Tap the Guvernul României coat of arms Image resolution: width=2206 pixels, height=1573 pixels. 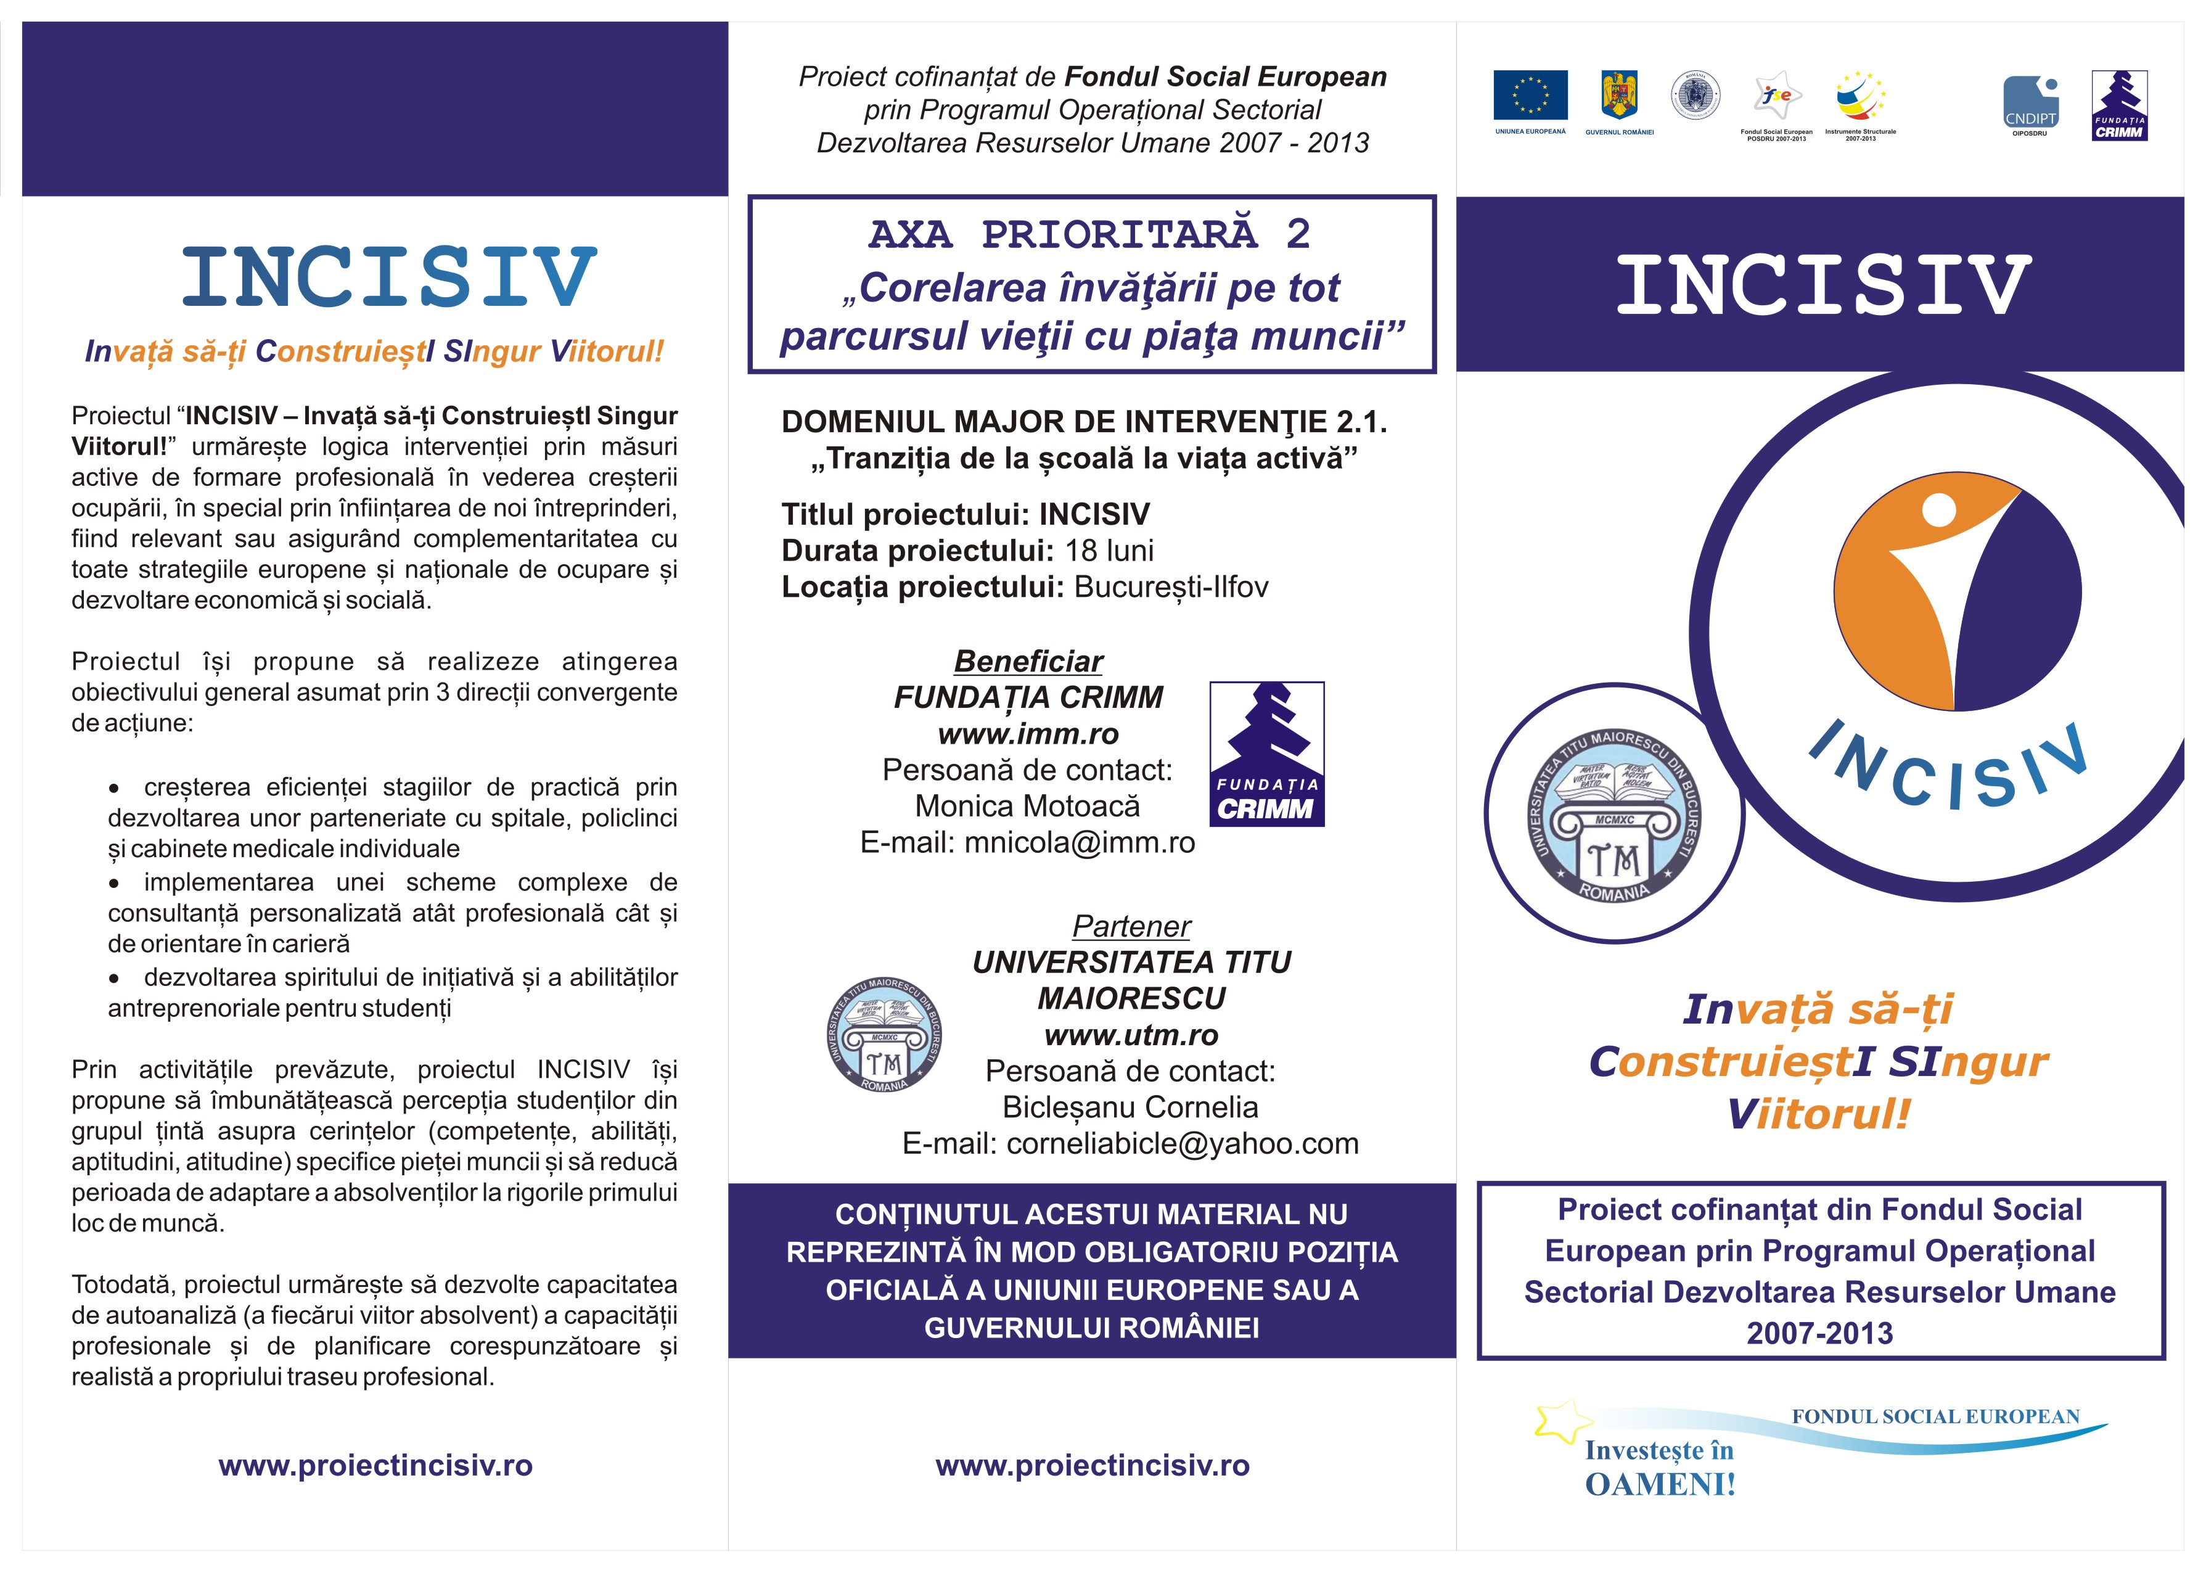click(x=1619, y=95)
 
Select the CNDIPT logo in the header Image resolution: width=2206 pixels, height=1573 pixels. click(x=2030, y=102)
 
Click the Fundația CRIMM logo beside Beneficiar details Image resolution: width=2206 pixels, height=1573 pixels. click(x=1266, y=754)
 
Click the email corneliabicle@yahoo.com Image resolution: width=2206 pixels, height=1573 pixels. click(x=1183, y=1144)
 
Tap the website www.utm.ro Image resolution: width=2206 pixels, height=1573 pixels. click(x=1131, y=1035)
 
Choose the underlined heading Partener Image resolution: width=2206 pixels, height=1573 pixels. click(x=1131, y=927)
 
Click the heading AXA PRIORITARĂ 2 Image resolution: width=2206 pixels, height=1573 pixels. click(x=1091, y=234)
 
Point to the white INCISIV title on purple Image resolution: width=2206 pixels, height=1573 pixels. click(x=1821, y=285)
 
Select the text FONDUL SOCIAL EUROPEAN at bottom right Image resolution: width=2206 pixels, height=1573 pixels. click(x=1935, y=1416)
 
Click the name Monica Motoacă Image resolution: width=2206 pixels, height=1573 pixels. click(x=1027, y=806)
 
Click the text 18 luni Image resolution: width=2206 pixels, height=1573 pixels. click(x=1110, y=551)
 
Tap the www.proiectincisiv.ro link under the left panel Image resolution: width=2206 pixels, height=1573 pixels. click(x=375, y=1466)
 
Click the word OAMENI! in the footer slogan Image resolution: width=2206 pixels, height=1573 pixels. click(x=1660, y=1485)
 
